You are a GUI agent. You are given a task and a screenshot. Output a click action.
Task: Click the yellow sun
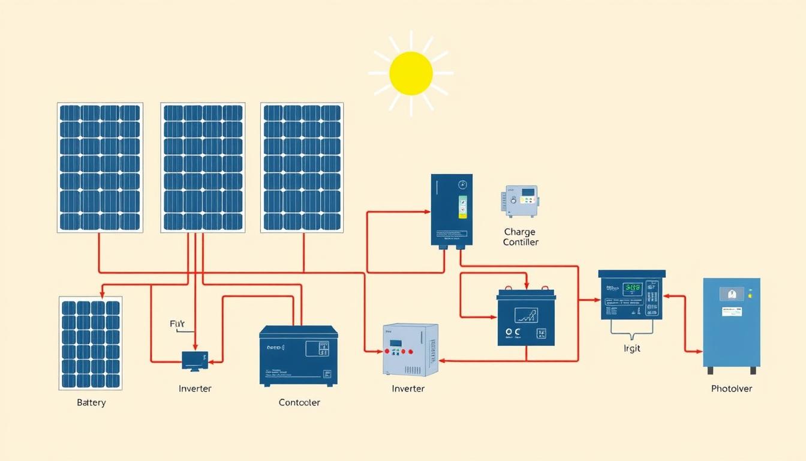click(411, 73)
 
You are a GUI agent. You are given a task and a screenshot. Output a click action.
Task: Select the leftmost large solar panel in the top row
click(100, 167)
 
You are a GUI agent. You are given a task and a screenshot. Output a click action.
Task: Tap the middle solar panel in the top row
click(203, 167)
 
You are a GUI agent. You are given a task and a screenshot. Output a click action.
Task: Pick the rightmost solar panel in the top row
click(302, 167)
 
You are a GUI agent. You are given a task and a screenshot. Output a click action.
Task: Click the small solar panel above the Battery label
click(91, 343)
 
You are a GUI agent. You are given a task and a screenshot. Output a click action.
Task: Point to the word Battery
click(91, 402)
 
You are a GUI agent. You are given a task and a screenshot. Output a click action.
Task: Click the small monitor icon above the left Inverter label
click(195, 360)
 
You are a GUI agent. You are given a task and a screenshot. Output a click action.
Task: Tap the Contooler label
click(299, 402)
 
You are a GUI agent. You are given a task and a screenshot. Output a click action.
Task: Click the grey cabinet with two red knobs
click(411, 350)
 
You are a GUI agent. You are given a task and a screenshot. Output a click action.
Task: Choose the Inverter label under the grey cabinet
click(408, 388)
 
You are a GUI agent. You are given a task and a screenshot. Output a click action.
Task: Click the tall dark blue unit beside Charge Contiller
click(452, 210)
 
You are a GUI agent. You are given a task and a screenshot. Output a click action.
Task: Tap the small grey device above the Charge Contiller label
click(519, 201)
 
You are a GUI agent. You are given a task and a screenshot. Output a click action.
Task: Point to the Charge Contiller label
click(520, 237)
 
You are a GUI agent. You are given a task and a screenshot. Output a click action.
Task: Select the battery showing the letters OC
click(526, 319)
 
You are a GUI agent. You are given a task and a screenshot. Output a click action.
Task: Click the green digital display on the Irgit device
click(633, 288)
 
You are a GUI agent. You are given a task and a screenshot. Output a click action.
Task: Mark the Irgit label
click(632, 348)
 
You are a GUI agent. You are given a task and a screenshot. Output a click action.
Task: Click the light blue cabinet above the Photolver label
click(731, 322)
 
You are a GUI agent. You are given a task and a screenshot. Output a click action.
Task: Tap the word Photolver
click(731, 388)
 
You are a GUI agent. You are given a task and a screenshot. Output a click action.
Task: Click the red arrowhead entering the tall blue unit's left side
click(428, 212)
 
